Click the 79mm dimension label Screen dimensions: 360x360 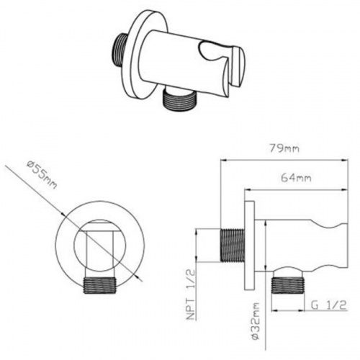(x=284, y=149)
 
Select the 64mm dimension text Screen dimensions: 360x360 (x=296, y=178)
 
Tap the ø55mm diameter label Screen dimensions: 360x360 (x=42, y=175)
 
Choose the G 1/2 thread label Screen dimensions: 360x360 (x=328, y=305)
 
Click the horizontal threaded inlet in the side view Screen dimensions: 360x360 (x=233, y=246)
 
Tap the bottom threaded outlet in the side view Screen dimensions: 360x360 (x=287, y=286)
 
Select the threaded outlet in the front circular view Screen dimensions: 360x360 (x=100, y=285)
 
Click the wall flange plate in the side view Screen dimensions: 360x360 (x=249, y=245)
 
